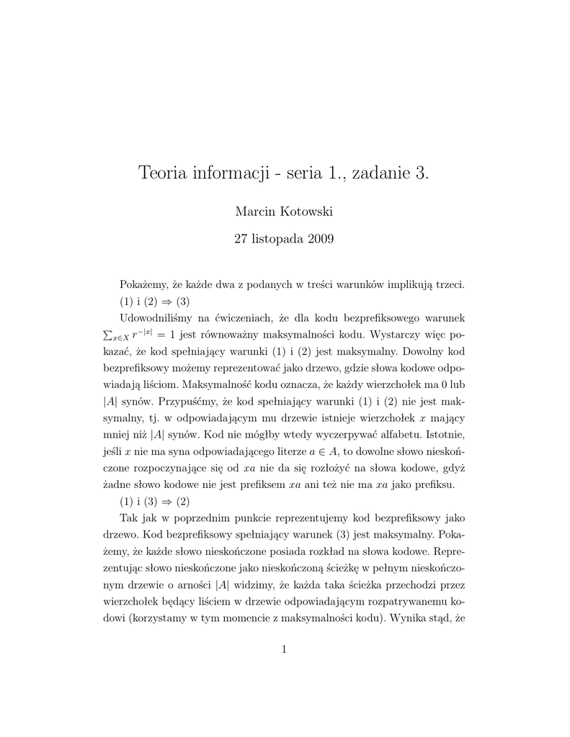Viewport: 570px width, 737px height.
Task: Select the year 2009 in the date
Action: point(320,239)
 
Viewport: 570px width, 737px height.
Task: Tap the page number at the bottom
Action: point(285,650)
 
